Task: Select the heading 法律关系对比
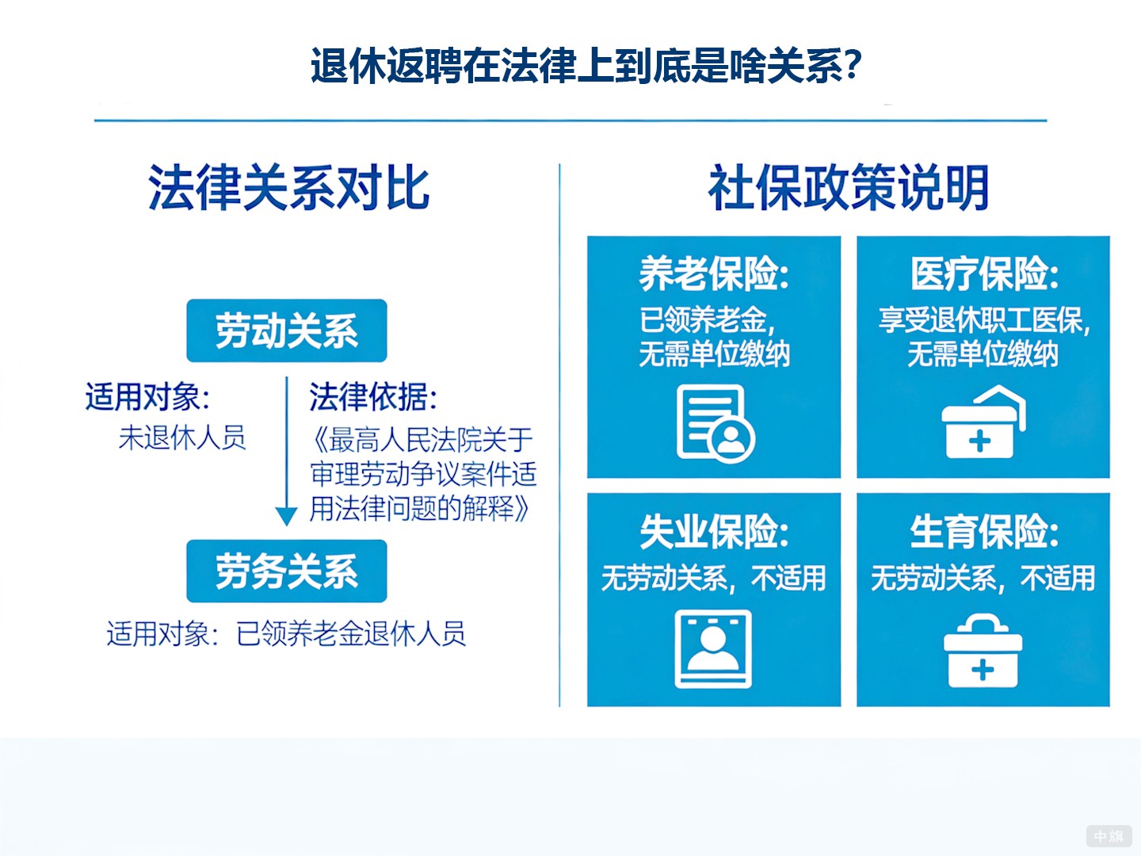click(x=288, y=189)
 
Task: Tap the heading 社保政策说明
click(x=848, y=189)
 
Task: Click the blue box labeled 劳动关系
click(x=286, y=331)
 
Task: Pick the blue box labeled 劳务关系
click(x=286, y=571)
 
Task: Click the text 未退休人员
click(x=182, y=438)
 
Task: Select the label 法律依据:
click(x=372, y=397)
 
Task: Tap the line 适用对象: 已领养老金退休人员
click(x=286, y=633)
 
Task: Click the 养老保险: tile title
click(x=714, y=274)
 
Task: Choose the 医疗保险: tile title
click(x=983, y=274)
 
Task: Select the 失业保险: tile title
click(x=714, y=532)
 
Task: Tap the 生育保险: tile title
click(x=983, y=532)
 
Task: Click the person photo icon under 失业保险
click(x=713, y=649)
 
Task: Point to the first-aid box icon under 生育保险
click(x=983, y=652)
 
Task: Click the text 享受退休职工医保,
click(x=983, y=320)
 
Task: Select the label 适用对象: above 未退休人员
click(x=147, y=397)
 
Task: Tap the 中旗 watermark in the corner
click(x=1109, y=836)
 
